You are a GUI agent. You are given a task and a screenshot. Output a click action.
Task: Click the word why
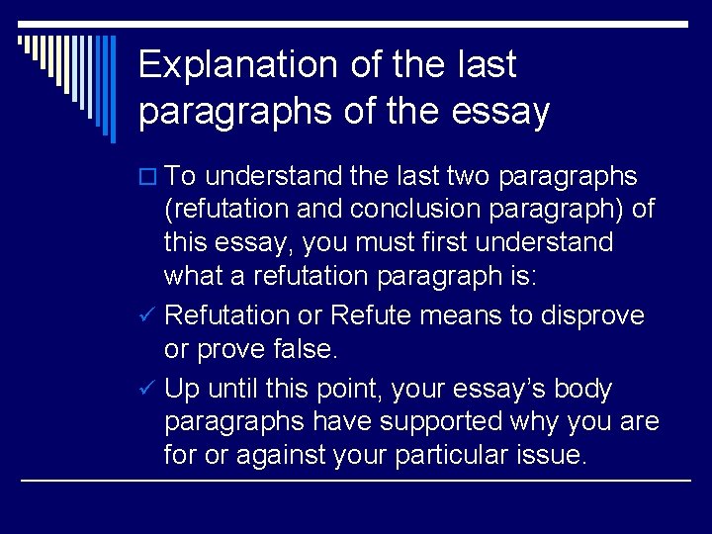(x=533, y=421)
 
